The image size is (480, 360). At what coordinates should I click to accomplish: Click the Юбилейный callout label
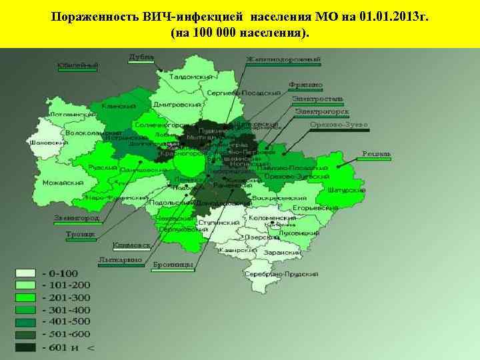pyautogui.click(x=77, y=65)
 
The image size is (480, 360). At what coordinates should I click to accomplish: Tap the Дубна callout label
pyautogui.click(x=141, y=57)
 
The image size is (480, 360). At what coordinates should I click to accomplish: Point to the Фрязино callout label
pyautogui.click(x=306, y=85)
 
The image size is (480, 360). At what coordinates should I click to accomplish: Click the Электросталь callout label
pyautogui.click(x=317, y=99)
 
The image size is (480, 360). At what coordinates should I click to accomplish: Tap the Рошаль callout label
pyautogui.click(x=377, y=154)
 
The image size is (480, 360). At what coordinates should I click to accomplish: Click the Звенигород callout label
pyautogui.click(x=77, y=218)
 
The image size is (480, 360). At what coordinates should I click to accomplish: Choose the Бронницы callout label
pyautogui.click(x=173, y=265)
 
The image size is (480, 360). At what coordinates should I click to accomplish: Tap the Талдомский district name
pyautogui.click(x=189, y=77)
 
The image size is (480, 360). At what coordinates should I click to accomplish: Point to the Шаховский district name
pyautogui.click(x=49, y=143)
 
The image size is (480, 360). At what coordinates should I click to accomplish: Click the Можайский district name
pyautogui.click(x=63, y=183)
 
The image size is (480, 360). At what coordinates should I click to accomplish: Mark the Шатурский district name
pyautogui.click(x=346, y=190)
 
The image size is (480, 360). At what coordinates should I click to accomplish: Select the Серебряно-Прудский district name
pyautogui.click(x=281, y=274)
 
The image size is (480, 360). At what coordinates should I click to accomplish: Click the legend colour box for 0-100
pyautogui.click(x=26, y=273)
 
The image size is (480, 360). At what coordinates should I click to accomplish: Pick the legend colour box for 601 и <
pyautogui.click(x=26, y=347)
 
